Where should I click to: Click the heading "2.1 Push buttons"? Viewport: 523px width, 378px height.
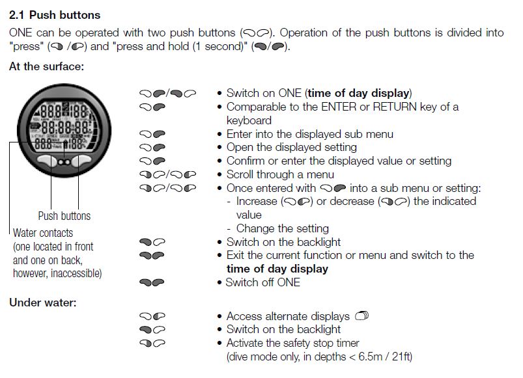(55, 15)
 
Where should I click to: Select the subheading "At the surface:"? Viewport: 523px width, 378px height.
(46, 66)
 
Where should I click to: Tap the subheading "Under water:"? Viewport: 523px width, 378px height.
(43, 303)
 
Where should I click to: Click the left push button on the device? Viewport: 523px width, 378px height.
(47, 161)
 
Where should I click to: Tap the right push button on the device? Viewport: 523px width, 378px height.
(81, 161)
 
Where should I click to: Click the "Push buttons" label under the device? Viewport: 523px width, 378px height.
(64, 216)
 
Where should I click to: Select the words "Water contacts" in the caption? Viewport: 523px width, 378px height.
(43, 233)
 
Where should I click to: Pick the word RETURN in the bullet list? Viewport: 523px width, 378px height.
(395, 107)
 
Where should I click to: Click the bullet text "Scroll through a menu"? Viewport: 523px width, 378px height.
(280, 174)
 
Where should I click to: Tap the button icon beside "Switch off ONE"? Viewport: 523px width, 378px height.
(152, 282)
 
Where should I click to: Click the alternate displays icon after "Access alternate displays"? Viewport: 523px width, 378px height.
(362, 315)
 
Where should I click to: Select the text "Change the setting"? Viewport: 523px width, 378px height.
(283, 228)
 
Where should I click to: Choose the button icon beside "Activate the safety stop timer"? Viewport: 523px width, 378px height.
(152, 343)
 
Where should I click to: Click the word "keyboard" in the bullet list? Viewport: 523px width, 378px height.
(249, 120)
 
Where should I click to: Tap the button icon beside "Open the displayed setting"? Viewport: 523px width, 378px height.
(152, 147)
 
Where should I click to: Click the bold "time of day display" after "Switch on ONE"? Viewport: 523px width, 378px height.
(358, 93)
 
